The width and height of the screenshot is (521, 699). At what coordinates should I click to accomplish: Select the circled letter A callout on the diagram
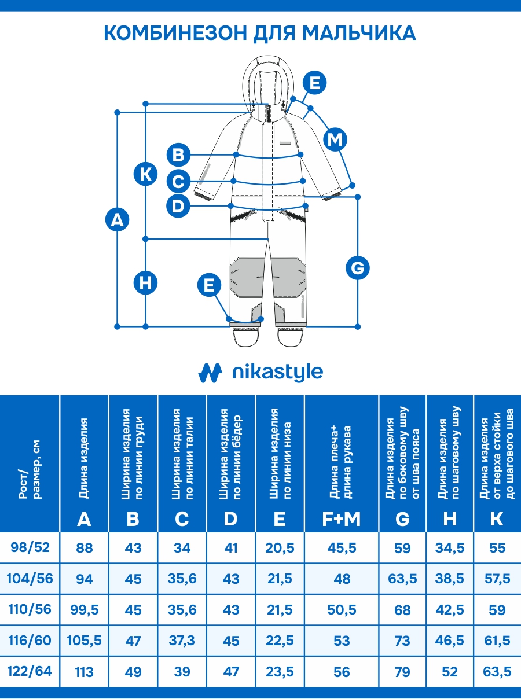[117, 220]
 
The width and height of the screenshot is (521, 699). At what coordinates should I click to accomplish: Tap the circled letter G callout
[357, 268]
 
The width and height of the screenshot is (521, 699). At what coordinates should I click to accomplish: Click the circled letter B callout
[178, 155]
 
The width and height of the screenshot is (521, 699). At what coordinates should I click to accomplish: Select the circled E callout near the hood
[314, 83]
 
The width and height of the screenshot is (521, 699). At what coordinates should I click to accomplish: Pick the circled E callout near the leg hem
[209, 285]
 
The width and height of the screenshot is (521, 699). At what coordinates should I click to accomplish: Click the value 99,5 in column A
[84, 610]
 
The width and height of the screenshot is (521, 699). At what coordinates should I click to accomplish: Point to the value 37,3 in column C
[182, 641]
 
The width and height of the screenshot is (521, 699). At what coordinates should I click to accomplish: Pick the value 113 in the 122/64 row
[84, 672]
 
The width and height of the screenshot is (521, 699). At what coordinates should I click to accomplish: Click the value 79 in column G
[402, 672]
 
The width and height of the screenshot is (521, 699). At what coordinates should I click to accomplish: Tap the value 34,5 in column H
[450, 547]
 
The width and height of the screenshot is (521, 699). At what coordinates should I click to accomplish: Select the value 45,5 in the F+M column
[342, 547]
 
